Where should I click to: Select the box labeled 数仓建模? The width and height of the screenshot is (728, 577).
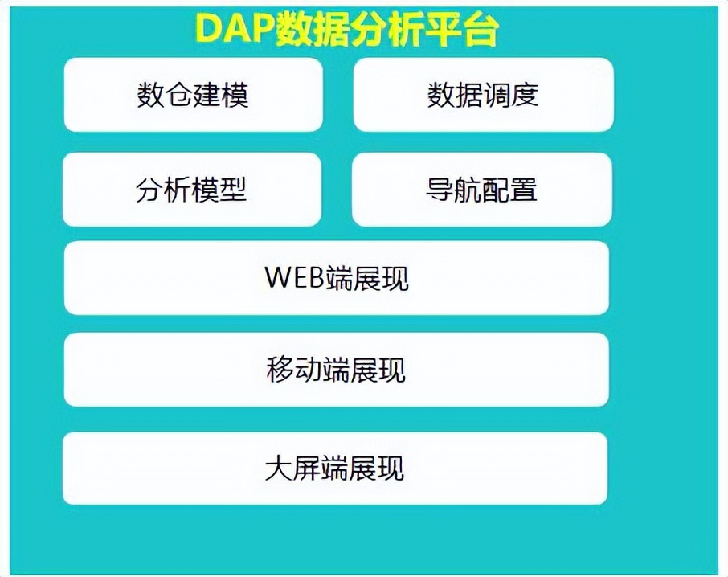pos(193,95)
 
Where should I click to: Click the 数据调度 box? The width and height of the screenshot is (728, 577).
pos(483,95)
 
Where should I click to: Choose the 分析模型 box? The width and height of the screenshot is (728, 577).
pos(191,190)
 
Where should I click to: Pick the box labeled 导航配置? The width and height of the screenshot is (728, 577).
pos(481,190)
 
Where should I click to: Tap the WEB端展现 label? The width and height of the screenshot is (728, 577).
pos(336,278)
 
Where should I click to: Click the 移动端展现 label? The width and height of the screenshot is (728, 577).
pos(336,370)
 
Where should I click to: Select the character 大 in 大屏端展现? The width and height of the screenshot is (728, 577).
pos(278,469)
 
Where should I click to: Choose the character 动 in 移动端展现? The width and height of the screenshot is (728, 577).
pos(308,370)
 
